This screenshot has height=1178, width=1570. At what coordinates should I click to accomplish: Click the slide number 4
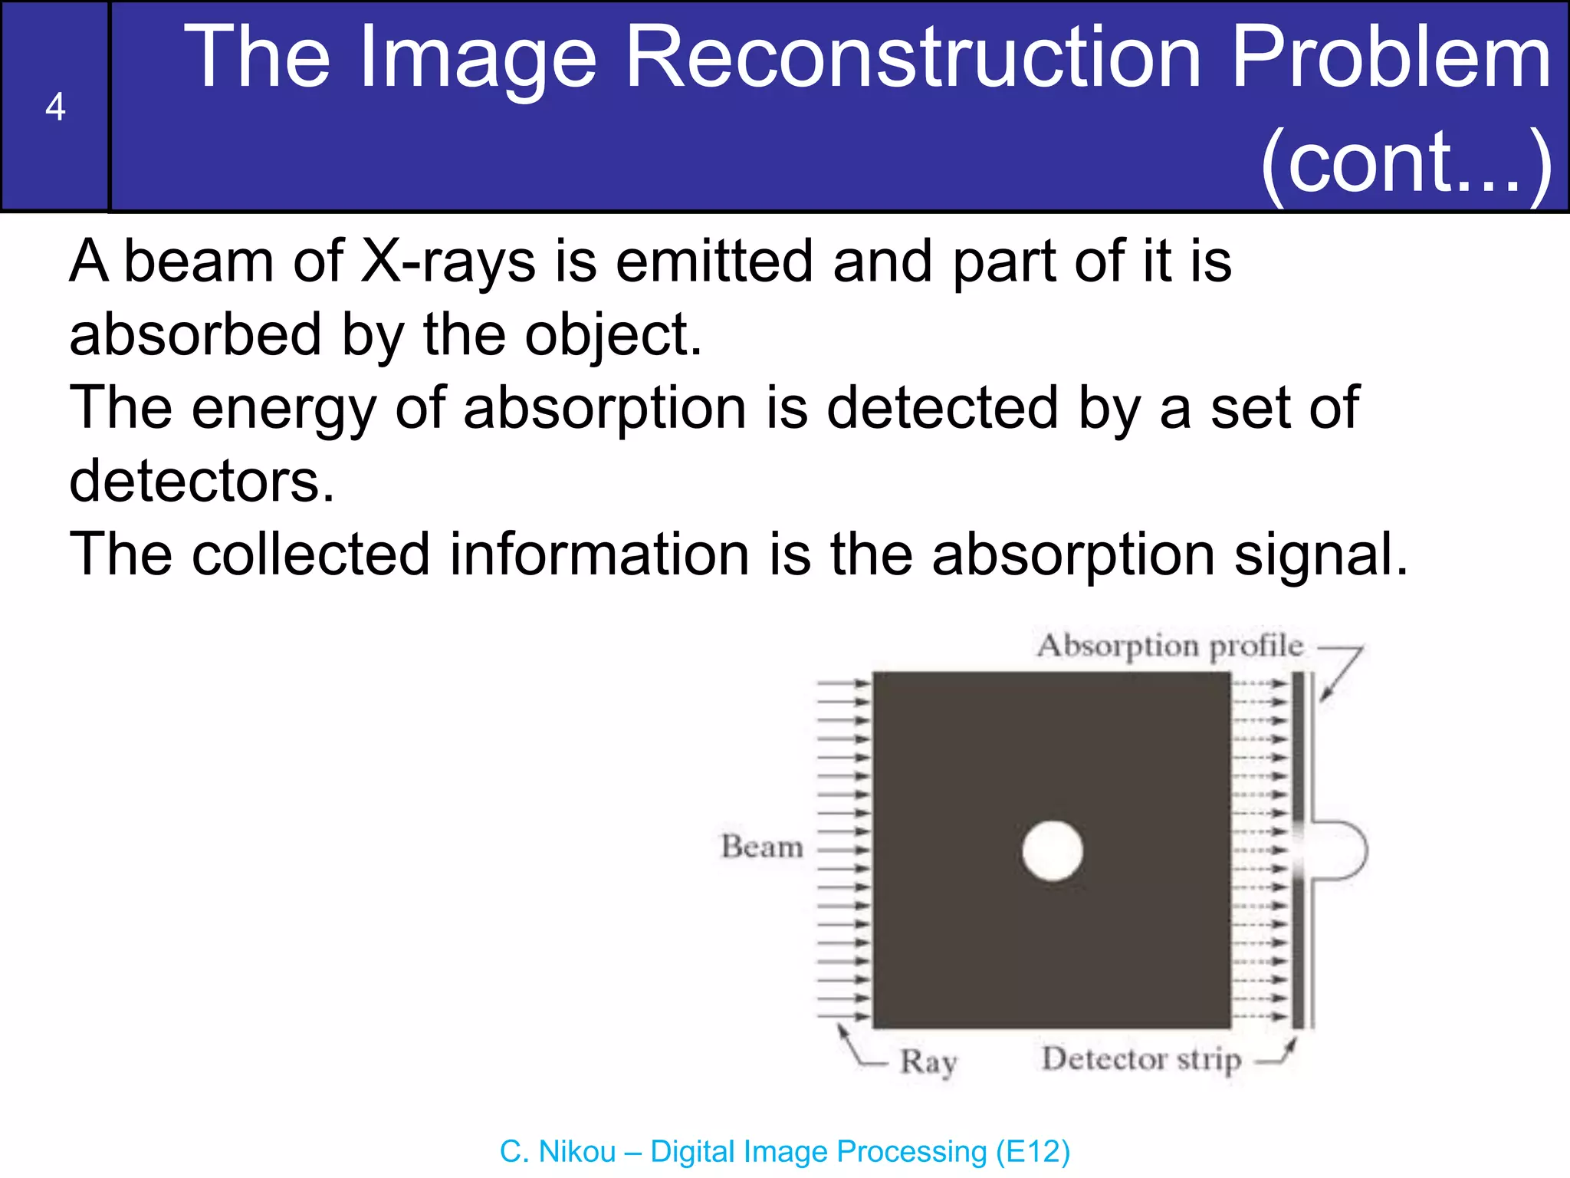(x=55, y=107)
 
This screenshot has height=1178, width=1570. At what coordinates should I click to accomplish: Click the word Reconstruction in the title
(x=913, y=58)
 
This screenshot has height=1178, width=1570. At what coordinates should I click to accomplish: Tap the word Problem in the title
(x=1391, y=58)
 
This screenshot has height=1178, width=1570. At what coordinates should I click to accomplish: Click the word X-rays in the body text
(x=448, y=262)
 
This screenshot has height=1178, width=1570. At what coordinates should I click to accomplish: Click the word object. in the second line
(x=613, y=336)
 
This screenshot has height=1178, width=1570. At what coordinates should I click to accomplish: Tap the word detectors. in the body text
(x=202, y=482)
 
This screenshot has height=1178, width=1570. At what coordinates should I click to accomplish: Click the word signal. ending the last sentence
(x=1321, y=554)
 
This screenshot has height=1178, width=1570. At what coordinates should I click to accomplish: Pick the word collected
(x=310, y=554)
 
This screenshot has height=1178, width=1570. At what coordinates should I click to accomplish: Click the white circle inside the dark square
(x=1053, y=851)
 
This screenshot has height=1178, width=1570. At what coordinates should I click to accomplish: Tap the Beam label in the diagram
(x=762, y=847)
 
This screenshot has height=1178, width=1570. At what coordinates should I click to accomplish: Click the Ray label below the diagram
(x=928, y=1062)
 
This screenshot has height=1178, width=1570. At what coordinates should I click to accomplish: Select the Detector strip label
(x=1141, y=1059)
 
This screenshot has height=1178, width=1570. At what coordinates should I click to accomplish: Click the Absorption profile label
(x=1170, y=646)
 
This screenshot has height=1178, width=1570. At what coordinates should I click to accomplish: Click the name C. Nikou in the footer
(x=557, y=1152)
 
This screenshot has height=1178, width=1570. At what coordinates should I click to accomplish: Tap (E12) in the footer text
(x=1033, y=1152)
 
